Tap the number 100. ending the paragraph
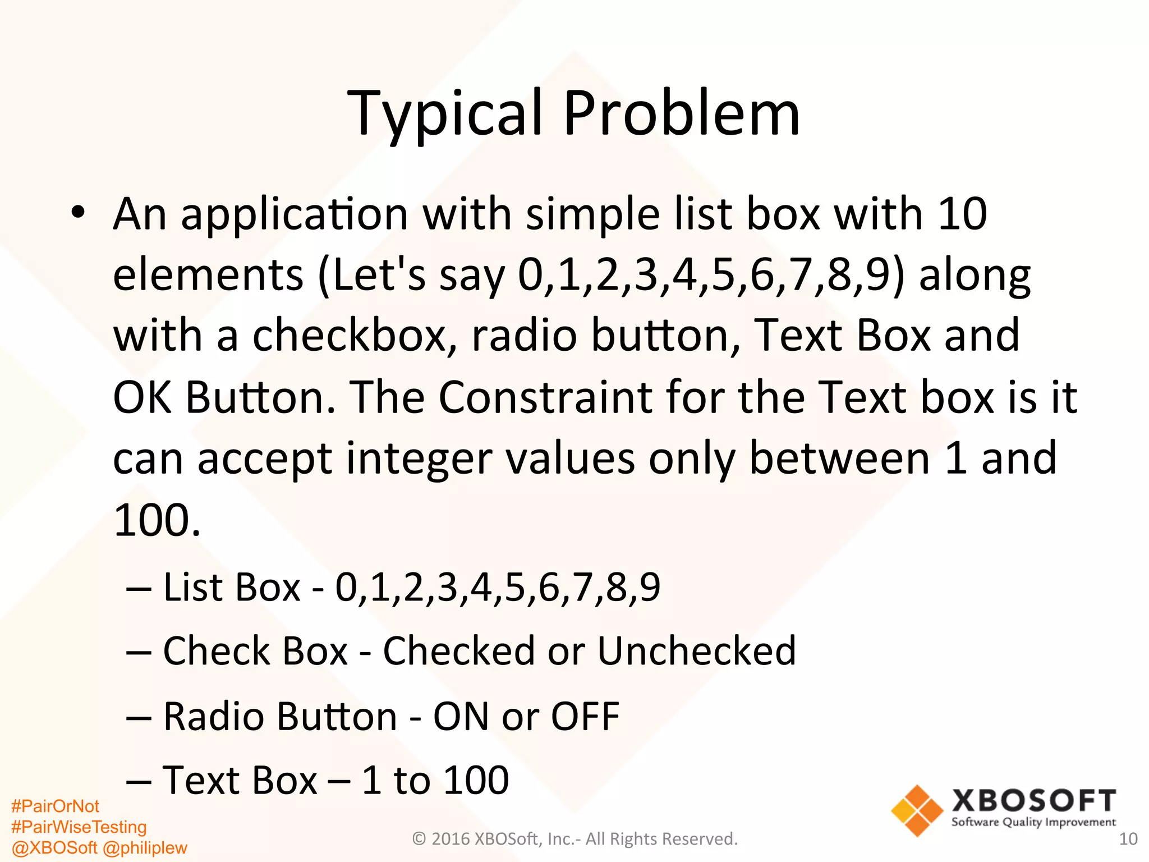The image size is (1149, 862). pyautogui.click(x=157, y=521)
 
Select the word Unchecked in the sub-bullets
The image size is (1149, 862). pyautogui.click(x=696, y=651)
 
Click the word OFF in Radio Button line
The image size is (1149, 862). pyautogui.click(x=585, y=717)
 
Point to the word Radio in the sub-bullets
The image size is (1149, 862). pyautogui.click(x=214, y=717)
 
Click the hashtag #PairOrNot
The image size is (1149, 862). pyautogui.click(x=55, y=806)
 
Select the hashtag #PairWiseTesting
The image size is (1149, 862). pyautogui.click(x=79, y=827)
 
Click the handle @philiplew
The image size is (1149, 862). pyautogui.click(x=145, y=847)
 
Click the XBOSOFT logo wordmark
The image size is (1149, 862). pyautogui.click(x=1033, y=801)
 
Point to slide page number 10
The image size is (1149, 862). pyautogui.click(x=1128, y=839)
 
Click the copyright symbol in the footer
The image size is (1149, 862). pyautogui.click(x=419, y=839)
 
